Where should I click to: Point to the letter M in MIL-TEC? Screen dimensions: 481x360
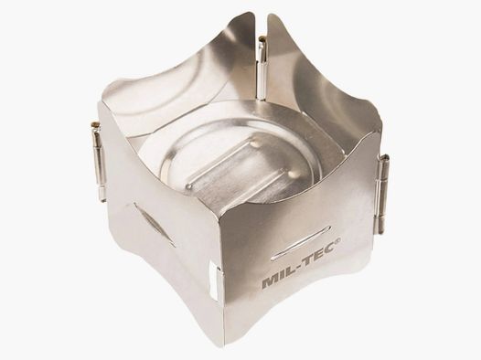coord(270,282)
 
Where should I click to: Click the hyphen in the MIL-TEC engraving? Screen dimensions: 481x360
coord(298,266)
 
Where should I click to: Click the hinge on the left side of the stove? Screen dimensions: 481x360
coord(99,162)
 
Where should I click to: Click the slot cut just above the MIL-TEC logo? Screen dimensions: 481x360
coord(301,243)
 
